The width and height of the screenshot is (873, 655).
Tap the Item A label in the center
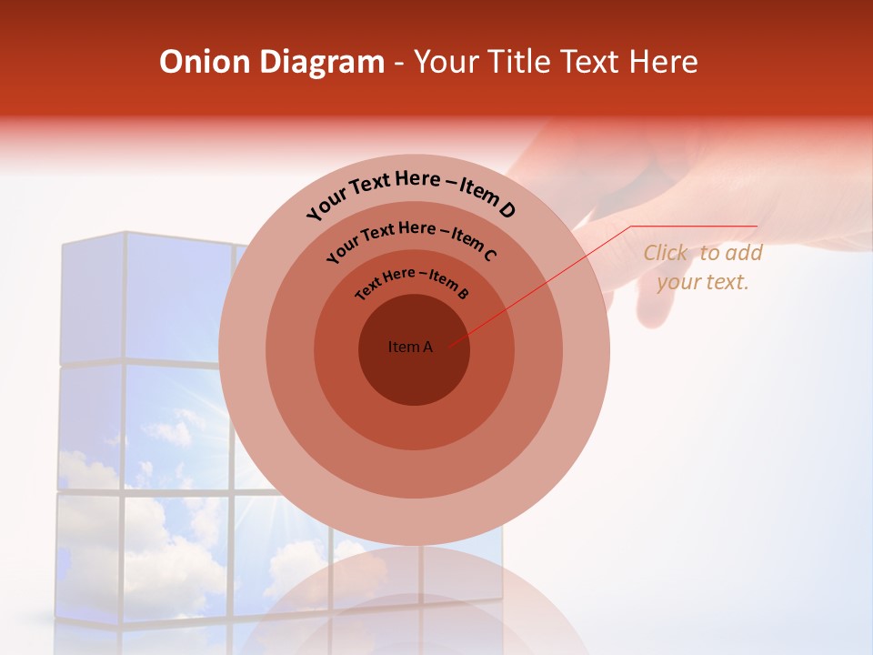click(x=410, y=347)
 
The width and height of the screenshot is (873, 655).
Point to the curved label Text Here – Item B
click(x=412, y=281)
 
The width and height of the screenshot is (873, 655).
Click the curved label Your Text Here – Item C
click(x=411, y=239)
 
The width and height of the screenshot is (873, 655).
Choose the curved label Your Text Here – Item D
click(x=411, y=191)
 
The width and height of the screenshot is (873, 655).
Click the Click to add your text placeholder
click(x=703, y=267)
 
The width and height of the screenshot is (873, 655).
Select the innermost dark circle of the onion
click(x=414, y=373)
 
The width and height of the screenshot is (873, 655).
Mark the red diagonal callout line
click(x=537, y=287)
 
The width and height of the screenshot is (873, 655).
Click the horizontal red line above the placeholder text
click(x=696, y=226)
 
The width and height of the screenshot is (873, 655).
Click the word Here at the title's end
click(x=662, y=62)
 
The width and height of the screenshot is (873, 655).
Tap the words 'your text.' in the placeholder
click(x=703, y=282)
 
